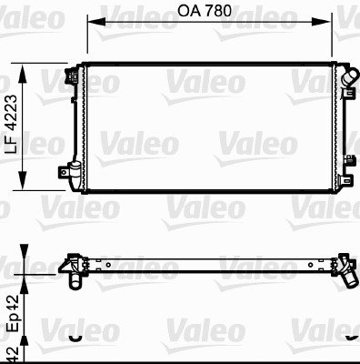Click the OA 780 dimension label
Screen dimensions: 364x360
(205, 12)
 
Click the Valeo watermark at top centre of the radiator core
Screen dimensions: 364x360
(205, 83)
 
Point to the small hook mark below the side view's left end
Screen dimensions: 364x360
(72, 337)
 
